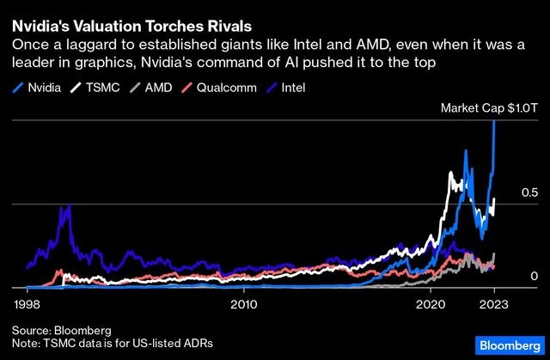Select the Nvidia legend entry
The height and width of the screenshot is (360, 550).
click(x=42, y=87)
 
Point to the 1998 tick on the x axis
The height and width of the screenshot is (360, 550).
click(x=27, y=304)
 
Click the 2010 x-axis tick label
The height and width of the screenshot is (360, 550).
click(x=244, y=304)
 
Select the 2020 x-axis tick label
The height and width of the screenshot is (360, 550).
click(x=431, y=304)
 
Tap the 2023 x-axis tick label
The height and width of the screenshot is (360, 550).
click(x=493, y=304)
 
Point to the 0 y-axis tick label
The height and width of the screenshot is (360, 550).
click(x=533, y=277)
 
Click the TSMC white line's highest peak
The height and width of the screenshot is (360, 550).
click(x=451, y=174)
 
